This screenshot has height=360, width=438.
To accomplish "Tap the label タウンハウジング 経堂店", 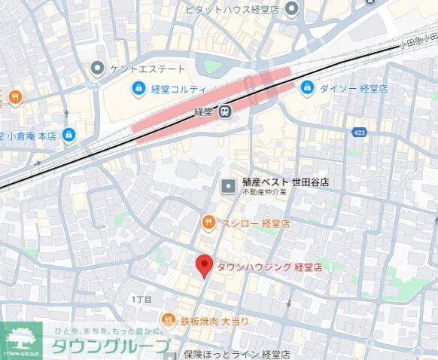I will [269, 267].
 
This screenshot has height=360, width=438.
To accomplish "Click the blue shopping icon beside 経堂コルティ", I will [138, 90].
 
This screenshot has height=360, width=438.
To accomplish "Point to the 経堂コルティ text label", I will [178, 90].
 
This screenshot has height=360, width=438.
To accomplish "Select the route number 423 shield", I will [359, 133].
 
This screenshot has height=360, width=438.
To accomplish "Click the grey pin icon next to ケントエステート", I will [96, 69].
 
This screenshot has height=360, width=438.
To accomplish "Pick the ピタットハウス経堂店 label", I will [233, 9].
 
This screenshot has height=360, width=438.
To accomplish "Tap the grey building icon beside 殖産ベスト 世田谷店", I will [228, 184].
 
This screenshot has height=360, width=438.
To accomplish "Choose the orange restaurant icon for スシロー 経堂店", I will [208, 223].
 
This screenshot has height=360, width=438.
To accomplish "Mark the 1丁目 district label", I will [141, 300].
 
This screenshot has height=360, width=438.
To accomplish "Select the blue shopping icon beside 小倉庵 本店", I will [69, 135].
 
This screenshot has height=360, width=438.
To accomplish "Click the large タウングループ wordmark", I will [111, 346].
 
